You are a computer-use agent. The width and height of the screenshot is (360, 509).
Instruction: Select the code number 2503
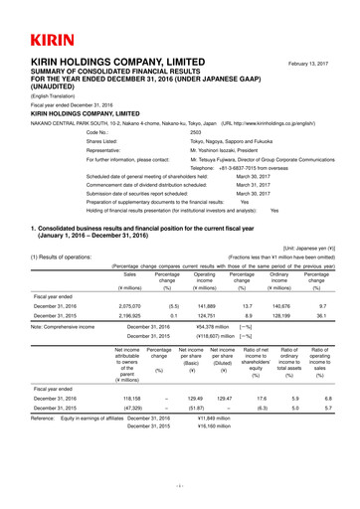click(196, 131)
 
